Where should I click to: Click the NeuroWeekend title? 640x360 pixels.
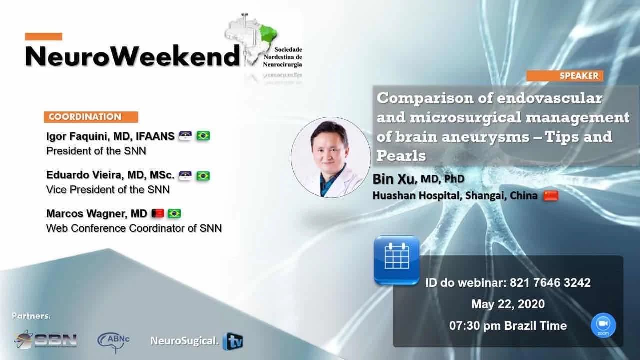coord(132,56)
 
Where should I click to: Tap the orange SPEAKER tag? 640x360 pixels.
coord(565,76)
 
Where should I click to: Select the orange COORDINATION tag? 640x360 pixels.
coord(91,117)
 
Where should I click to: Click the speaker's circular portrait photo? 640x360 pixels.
coord(331,157)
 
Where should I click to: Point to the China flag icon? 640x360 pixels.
coord(551,196)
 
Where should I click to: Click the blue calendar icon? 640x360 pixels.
coord(397,260)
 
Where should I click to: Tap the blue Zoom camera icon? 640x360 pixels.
coord(603,325)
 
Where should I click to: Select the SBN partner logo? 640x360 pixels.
coord(46,339)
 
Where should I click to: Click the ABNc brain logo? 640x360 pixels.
coord(113,341)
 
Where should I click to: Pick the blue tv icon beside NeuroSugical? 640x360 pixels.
coord(233,341)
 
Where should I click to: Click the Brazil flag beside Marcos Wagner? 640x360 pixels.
coord(174,213)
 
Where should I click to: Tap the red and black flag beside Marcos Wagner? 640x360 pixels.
coord(157,213)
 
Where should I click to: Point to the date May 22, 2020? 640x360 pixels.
coord(508,304)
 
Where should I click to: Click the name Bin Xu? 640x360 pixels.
coord(393,179)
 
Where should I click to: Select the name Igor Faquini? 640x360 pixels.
coord(77,136)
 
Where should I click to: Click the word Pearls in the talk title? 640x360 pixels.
coord(401,156)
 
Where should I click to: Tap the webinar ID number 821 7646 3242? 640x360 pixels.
coord(550,283)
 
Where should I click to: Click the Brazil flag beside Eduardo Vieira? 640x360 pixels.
coord(203,176)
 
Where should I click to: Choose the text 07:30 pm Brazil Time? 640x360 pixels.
coord(508,326)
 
